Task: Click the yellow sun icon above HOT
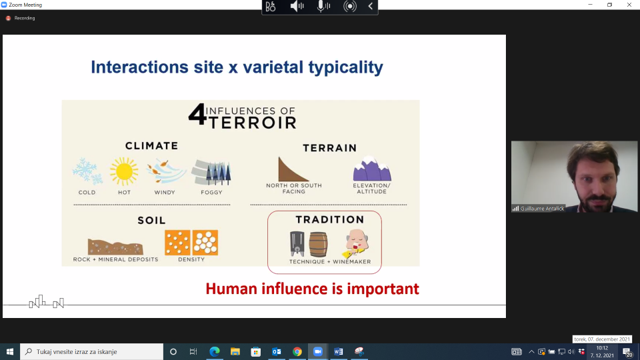(x=124, y=171)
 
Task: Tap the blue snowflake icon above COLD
(x=87, y=171)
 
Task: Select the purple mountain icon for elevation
(x=372, y=169)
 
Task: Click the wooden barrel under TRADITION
(x=318, y=244)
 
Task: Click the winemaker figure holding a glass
(x=356, y=243)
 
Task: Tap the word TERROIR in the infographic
(x=253, y=123)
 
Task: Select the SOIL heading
(x=151, y=221)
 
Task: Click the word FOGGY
(x=211, y=192)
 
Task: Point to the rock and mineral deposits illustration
(x=115, y=247)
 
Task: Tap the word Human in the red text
(x=231, y=289)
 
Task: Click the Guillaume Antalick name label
(x=542, y=209)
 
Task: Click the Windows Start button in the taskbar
(x=10, y=351)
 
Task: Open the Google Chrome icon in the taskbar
(x=297, y=351)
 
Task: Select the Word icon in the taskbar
(x=339, y=351)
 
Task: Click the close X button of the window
(x=629, y=5)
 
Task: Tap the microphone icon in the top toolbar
(x=323, y=7)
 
